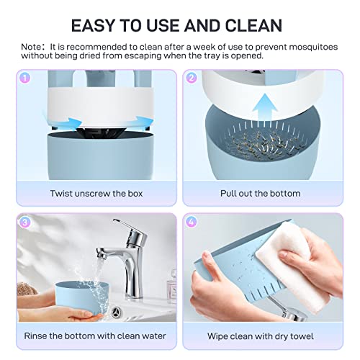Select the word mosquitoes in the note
pyautogui.click(x=313, y=47)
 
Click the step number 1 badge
pyautogui.click(x=24, y=78)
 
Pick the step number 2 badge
pyautogui.click(x=192, y=78)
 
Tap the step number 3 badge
pyautogui.click(x=24, y=222)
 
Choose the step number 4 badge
pyautogui.click(x=192, y=222)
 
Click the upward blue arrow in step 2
pyautogui.click(x=264, y=108)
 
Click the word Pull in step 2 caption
pyautogui.click(x=228, y=194)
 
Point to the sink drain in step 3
pyautogui.click(x=117, y=312)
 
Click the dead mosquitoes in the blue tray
pyautogui.click(x=261, y=144)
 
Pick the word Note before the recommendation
pyautogui.click(x=31, y=47)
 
